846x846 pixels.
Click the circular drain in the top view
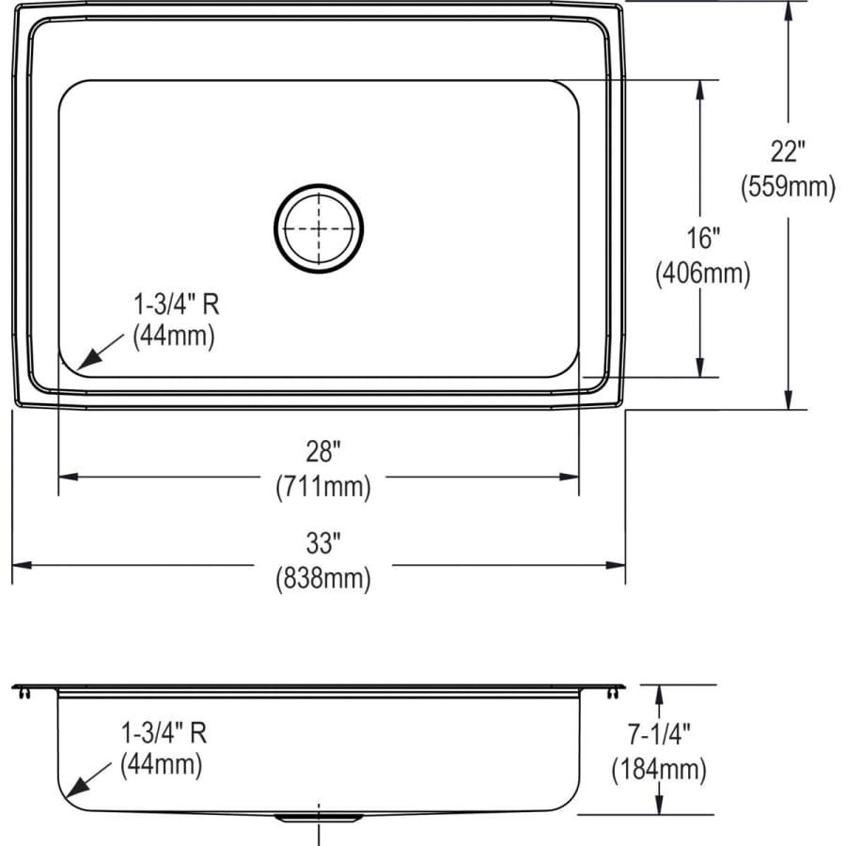pyautogui.click(x=319, y=227)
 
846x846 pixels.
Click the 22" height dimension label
pyautogui.click(x=788, y=150)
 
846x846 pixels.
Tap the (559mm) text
pyautogui.click(x=788, y=187)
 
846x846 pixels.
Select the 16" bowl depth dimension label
pyautogui.click(x=700, y=238)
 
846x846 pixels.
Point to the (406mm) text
pyautogui.click(x=702, y=274)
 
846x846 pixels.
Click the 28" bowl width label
pyautogui.click(x=321, y=452)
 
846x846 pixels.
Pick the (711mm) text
pyautogui.click(x=322, y=487)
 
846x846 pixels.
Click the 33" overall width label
pyautogui.click(x=321, y=542)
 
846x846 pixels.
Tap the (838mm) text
pyautogui.click(x=322, y=579)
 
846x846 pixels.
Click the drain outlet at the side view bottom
pyautogui.click(x=319, y=818)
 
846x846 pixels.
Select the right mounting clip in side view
pyautogui.click(x=616, y=693)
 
